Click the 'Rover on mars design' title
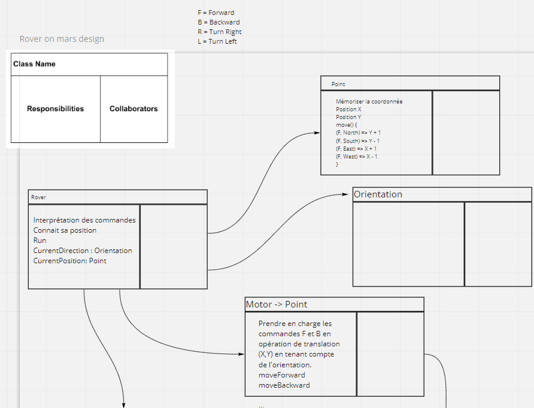(x=62, y=39)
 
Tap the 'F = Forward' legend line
(x=216, y=13)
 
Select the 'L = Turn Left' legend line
(x=217, y=41)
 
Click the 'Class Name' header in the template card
(x=34, y=64)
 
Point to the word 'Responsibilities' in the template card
(x=55, y=109)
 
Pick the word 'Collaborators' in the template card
(x=133, y=109)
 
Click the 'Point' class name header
(x=338, y=84)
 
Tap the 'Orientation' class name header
(x=378, y=194)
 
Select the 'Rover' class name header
(x=38, y=197)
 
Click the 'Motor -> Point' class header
(x=277, y=305)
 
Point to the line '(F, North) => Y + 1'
(x=359, y=133)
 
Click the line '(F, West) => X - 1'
(x=357, y=156)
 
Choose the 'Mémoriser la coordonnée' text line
(x=369, y=102)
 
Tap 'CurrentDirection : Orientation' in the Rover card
(x=83, y=251)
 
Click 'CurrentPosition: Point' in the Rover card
(x=70, y=261)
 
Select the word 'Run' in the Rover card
(x=40, y=240)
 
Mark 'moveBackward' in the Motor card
(x=284, y=385)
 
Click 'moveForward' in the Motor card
(x=282, y=375)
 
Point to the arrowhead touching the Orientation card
(x=349, y=194)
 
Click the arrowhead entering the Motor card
(x=241, y=354)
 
